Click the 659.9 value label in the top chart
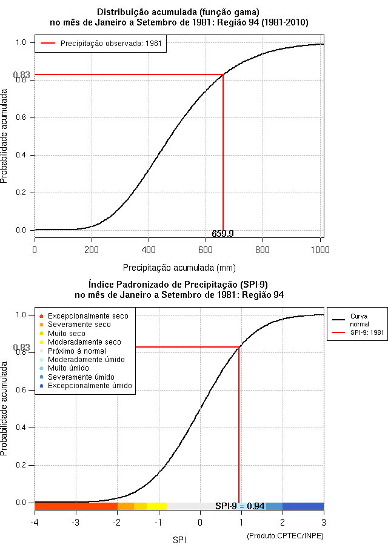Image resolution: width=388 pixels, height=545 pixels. (x=222, y=234)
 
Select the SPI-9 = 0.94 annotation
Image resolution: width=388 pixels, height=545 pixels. (x=239, y=506)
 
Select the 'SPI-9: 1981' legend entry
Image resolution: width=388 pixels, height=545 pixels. (x=358, y=332)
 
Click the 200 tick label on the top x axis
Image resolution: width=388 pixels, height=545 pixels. (x=92, y=250)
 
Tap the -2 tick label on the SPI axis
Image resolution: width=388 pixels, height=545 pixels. (x=117, y=523)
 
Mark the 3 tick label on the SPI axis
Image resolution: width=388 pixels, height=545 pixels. (x=324, y=523)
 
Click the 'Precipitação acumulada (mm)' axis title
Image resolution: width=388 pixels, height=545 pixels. (x=179, y=268)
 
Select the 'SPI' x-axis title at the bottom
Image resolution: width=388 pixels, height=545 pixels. (x=179, y=540)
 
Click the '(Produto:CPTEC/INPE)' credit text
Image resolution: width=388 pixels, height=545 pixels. (x=286, y=536)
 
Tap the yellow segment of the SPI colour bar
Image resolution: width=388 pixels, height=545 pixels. (x=156, y=506)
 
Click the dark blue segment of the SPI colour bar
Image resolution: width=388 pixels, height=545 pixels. (x=303, y=506)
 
